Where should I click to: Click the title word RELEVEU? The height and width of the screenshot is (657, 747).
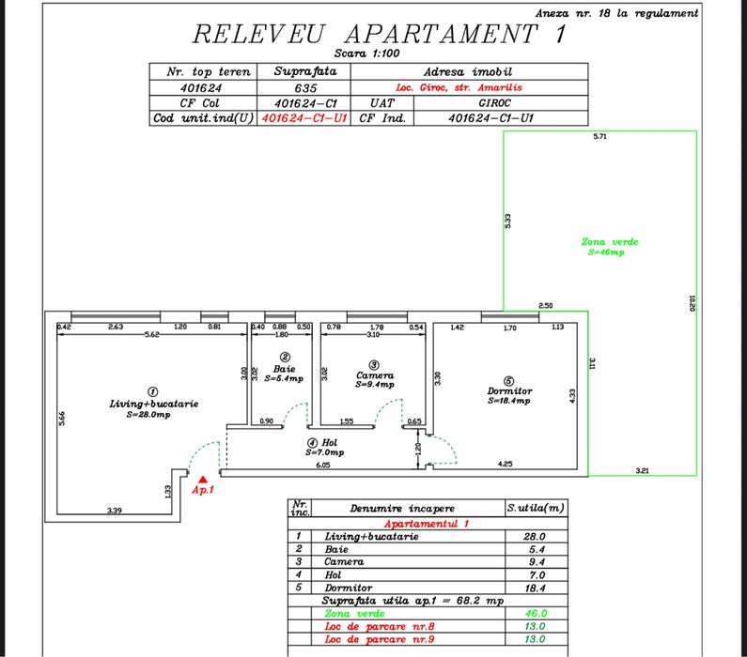(x=257, y=34)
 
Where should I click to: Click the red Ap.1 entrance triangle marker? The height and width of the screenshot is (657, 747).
(x=203, y=480)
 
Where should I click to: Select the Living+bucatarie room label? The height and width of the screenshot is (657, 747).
(x=153, y=404)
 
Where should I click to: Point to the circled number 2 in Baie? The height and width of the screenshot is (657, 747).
(x=285, y=357)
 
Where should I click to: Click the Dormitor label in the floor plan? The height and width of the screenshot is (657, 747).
(x=509, y=391)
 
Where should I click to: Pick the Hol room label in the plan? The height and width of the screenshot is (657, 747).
(x=330, y=443)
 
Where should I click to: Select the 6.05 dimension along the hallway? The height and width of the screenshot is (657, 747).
(x=322, y=464)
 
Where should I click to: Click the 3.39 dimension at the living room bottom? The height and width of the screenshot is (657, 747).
(x=115, y=511)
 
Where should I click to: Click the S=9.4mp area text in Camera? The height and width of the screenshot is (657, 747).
(x=374, y=384)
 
